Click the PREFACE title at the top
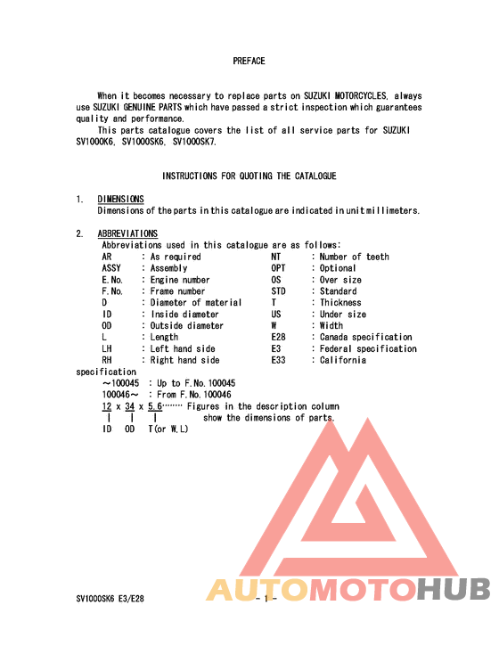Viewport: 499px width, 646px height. (249, 61)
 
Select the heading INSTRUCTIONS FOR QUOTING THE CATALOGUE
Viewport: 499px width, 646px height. (249, 176)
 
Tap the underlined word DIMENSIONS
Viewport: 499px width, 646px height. (120, 200)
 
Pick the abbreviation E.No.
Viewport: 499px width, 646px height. (112, 280)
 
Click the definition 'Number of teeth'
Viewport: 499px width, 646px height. (355, 257)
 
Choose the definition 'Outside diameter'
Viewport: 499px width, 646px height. (187, 326)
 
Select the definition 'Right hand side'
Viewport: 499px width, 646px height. (184, 361)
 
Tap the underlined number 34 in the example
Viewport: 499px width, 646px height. (129, 406)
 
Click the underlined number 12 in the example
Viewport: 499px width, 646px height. (107, 406)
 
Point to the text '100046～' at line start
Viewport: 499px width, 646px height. (120, 395)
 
